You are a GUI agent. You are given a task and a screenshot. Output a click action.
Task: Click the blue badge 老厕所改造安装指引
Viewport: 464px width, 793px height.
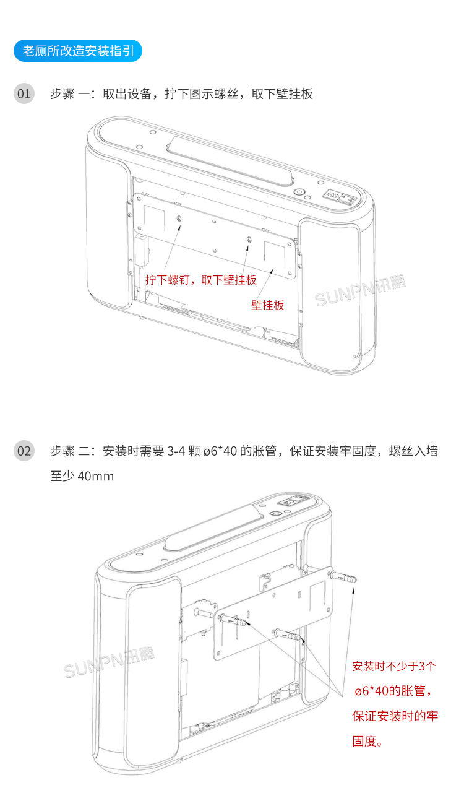click(77, 51)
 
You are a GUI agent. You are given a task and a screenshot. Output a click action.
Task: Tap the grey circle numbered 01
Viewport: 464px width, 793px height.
click(24, 93)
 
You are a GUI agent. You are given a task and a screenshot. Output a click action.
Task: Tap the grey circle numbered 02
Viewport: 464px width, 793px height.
click(24, 450)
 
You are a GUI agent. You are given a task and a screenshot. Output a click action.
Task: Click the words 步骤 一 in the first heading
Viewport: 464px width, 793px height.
click(71, 93)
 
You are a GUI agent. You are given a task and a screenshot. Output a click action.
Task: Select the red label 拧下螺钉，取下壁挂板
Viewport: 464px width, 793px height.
click(201, 280)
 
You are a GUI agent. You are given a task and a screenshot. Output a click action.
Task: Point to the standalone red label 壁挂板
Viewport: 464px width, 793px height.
click(267, 305)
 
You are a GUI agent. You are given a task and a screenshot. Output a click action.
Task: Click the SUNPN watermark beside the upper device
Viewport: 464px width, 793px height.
click(359, 292)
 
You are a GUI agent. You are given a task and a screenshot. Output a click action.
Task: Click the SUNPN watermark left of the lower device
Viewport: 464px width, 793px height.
click(109, 662)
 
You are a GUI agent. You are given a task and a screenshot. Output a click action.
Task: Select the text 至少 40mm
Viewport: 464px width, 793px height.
click(82, 477)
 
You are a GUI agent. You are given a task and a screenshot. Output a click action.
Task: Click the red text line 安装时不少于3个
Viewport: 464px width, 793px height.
click(393, 667)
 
